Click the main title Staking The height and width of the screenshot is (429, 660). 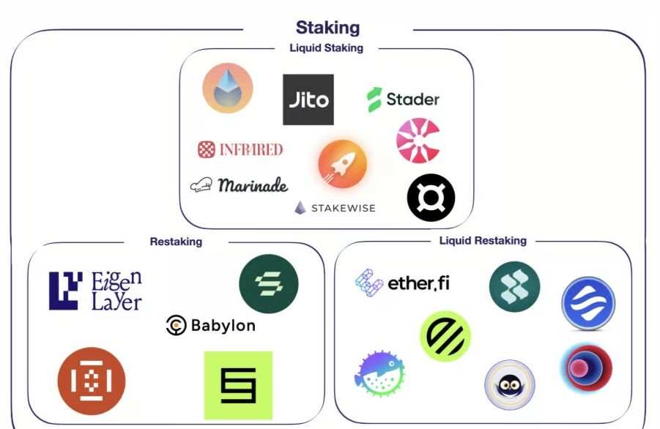pos(328,28)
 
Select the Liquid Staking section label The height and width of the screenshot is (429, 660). pos(326,48)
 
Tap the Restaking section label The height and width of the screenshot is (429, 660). pos(176,242)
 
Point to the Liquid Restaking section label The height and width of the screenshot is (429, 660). pos(483,241)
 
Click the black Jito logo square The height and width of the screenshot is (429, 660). pos(308,100)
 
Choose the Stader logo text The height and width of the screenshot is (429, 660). pos(412,100)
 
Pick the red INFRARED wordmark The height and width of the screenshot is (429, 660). pos(251,149)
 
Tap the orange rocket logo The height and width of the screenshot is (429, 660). pos(343,164)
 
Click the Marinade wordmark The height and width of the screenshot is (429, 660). pos(253,185)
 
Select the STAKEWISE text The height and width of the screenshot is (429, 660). pos(343,208)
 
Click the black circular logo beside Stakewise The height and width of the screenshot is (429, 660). pos(431,197)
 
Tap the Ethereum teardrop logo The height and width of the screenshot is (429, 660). pos(228,88)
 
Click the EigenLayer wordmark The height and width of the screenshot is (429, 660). pos(116,291)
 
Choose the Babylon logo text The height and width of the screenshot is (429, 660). pos(223,326)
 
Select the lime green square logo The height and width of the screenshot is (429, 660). pos(238,385)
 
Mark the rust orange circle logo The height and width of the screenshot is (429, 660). pos(92,381)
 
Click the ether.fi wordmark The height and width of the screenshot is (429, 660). pos(418,283)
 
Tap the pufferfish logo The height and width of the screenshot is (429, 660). pos(379,373)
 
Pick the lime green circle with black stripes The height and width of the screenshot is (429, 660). pos(445,336)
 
